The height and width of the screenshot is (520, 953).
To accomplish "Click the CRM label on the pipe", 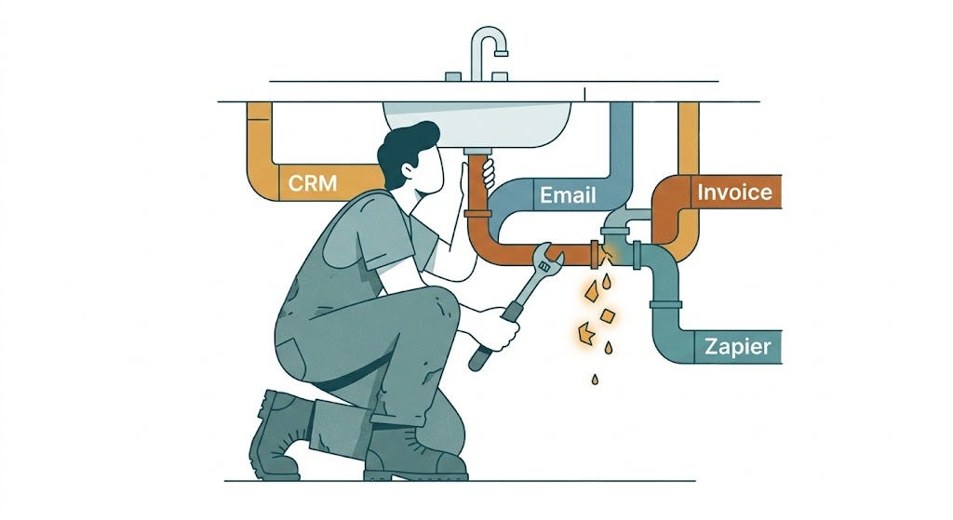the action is pos(313,183).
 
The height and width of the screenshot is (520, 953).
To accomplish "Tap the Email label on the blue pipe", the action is pos(568,195).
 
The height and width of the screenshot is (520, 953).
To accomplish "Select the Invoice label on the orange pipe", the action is pos(734,192).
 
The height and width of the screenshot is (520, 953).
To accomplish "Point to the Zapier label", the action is pos(737,347).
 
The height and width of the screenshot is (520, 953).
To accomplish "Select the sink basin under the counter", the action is pos(477,125).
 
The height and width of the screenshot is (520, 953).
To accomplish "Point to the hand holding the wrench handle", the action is pos(500,328).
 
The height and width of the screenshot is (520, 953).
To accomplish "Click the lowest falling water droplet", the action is pos(595,380).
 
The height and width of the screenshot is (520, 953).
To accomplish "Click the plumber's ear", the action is pos(407,169).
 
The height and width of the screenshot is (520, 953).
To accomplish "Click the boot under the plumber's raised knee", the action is pos(413,456).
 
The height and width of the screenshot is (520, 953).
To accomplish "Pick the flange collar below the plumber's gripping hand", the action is pos(477,213).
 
